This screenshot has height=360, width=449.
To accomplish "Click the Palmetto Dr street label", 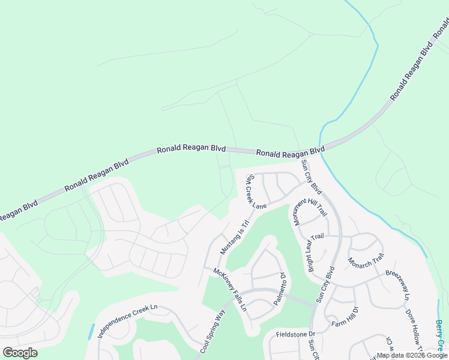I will [x=279, y=289].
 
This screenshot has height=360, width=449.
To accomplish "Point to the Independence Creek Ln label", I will [x=127, y=321].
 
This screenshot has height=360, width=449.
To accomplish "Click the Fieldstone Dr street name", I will [x=295, y=334].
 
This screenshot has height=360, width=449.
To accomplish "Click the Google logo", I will [x=20, y=352].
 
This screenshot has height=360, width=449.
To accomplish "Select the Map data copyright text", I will [x=412, y=355].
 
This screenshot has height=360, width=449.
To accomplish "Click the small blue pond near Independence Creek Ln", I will [x=91, y=331].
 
